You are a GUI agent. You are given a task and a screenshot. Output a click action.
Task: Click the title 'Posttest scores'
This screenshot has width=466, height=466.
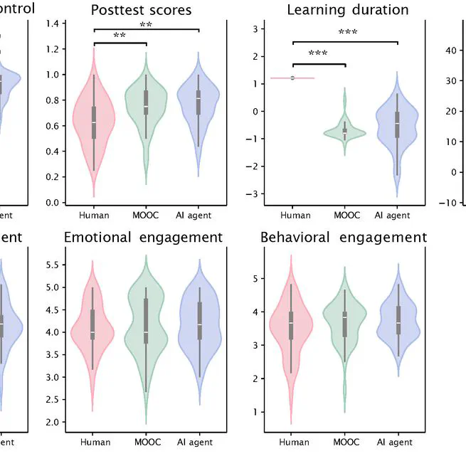tap(141, 10)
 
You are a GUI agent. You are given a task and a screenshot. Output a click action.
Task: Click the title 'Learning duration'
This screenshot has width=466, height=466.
tap(347, 10)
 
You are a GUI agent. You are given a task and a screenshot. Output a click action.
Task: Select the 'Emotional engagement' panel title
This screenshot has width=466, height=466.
tap(143, 237)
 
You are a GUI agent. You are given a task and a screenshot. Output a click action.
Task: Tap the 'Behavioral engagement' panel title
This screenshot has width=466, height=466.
tap(344, 237)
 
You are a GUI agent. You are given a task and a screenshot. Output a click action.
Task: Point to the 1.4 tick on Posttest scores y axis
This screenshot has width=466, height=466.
tap(52, 23)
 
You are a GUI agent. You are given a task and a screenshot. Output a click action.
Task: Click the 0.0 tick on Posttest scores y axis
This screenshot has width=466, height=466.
tap(52, 203)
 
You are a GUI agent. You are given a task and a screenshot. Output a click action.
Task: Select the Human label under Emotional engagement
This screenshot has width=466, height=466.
tap(95, 443)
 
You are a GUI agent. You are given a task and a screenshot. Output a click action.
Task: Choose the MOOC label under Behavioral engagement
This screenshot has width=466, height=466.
tap(345, 443)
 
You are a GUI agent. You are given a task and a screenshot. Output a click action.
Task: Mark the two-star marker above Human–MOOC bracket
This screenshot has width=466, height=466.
tap(120, 36)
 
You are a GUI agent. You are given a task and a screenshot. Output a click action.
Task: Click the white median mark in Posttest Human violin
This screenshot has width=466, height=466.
tap(94, 123)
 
